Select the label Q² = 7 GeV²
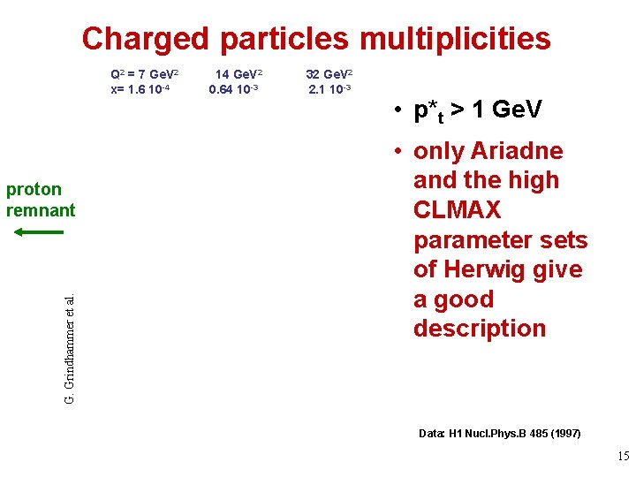pyautogui.click(x=144, y=74)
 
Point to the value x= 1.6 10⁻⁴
pyautogui.click(x=143, y=88)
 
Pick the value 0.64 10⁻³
pyautogui.click(x=234, y=88)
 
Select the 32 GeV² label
pyautogui.click(x=329, y=74)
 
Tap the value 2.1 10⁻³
pyautogui.click(x=330, y=88)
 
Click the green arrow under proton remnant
pyautogui.click(x=40, y=232)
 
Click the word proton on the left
pyautogui.click(x=34, y=189)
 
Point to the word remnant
pyautogui.click(x=41, y=210)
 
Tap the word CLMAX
pyautogui.click(x=457, y=210)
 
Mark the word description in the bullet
pyautogui.click(x=480, y=329)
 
